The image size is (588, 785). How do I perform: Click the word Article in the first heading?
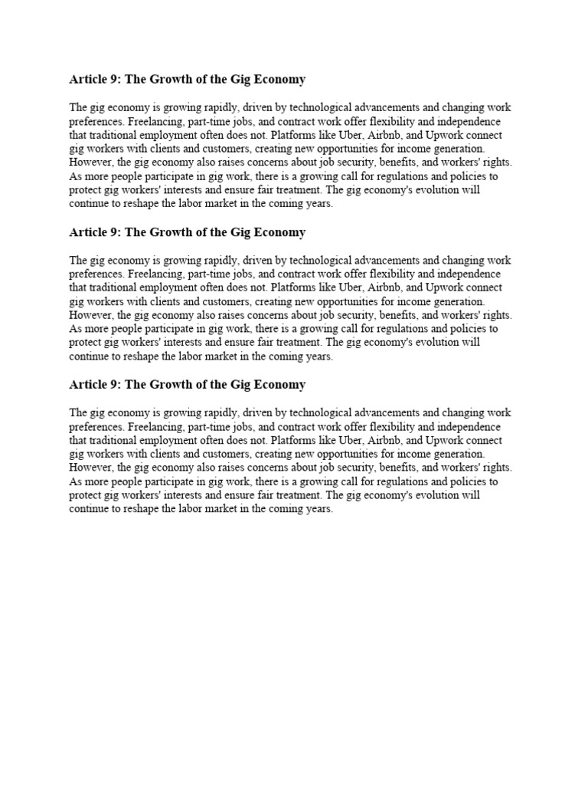coord(84,80)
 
